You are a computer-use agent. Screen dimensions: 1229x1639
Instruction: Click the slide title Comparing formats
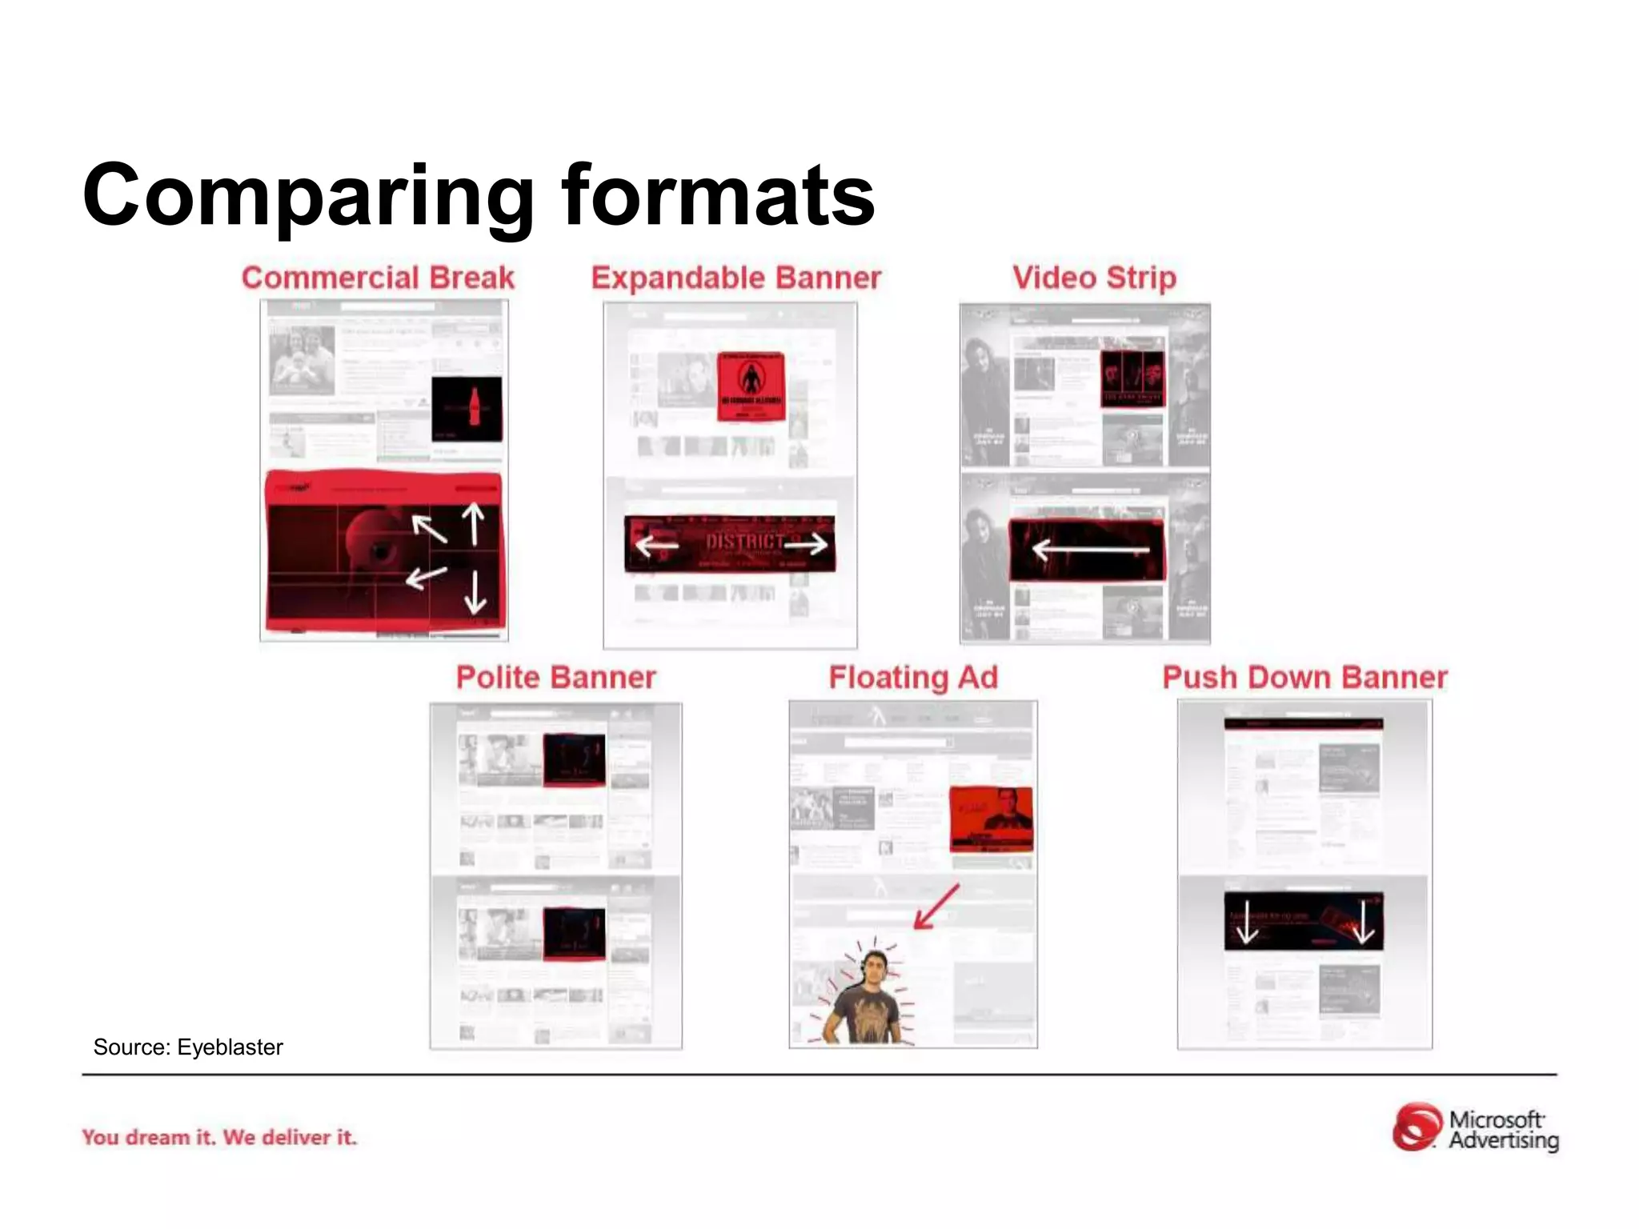click(x=479, y=196)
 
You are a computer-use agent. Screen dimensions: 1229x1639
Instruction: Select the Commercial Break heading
click(x=378, y=278)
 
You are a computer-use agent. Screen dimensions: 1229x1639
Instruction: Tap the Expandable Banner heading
click(x=735, y=278)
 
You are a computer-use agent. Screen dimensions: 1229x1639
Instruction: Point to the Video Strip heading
click(x=1094, y=278)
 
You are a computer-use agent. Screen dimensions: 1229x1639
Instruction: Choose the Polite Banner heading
click(x=555, y=677)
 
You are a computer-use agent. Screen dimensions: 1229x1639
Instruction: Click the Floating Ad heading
click(x=913, y=677)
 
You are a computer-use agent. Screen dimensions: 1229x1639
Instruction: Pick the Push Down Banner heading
click(x=1304, y=677)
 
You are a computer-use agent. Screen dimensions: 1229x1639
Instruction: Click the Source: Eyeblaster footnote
click(x=188, y=1047)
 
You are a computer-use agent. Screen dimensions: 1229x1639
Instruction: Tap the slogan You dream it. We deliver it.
click(x=219, y=1137)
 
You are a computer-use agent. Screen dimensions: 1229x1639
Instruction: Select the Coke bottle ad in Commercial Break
click(x=467, y=408)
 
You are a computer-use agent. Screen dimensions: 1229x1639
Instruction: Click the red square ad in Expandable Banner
click(x=750, y=386)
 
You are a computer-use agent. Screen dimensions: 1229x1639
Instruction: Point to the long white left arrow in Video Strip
click(x=1090, y=550)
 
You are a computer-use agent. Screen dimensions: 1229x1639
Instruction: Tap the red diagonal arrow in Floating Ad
click(x=936, y=907)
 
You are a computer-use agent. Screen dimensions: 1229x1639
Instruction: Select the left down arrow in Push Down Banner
click(x=1246, y=923)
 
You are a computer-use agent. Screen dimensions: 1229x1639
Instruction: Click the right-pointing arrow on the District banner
click(x=807, y=545)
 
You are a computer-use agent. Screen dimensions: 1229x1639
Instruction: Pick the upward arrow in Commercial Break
click(x=474, y=524)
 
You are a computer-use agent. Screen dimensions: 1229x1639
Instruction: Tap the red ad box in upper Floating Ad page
click(x=991, y=819)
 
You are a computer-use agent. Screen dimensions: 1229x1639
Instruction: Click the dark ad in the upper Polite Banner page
click(x=574, y=759)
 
